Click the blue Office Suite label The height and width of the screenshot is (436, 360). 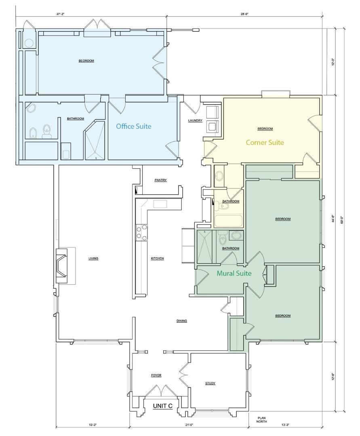[133, 126]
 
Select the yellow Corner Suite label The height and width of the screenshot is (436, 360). [265, 143]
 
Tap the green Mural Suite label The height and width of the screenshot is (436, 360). [234, 273]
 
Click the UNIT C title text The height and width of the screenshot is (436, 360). [163, 406]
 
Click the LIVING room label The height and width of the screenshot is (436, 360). [93, 258]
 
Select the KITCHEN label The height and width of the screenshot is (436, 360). [157, 258]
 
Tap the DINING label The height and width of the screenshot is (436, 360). [181, 321]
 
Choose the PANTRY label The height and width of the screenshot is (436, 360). [160, 180]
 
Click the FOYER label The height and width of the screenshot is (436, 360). [156, 375]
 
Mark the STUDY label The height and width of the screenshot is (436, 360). [210, 383]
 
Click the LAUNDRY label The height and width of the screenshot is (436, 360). [195, 121]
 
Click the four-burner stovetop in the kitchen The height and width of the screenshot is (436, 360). [141, 233]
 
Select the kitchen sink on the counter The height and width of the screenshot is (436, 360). [160, 204]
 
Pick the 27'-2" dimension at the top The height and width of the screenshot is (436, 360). [61, 14]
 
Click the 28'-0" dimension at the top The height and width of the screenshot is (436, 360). [244, 14]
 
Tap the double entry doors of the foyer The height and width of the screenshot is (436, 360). [162, 391]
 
